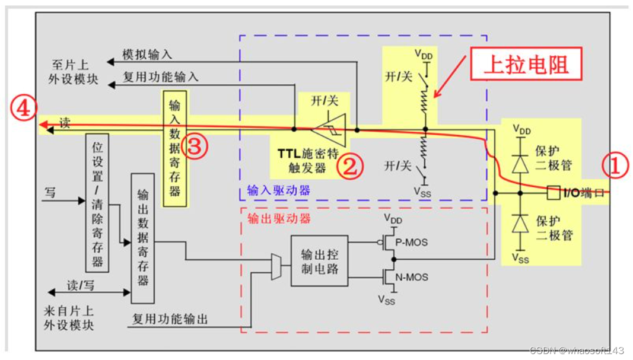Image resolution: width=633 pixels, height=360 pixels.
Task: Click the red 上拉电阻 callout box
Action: (526, 65)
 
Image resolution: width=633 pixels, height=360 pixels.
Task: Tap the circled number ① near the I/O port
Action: (615, 167)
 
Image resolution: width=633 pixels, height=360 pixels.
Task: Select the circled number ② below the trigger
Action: (350, 167)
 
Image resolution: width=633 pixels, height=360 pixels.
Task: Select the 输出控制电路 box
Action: (319, 260)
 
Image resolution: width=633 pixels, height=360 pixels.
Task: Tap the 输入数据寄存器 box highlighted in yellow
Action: (175, 148)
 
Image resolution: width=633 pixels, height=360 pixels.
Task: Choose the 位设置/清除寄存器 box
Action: (98, 203)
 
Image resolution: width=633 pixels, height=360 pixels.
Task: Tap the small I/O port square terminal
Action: (552, 193)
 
